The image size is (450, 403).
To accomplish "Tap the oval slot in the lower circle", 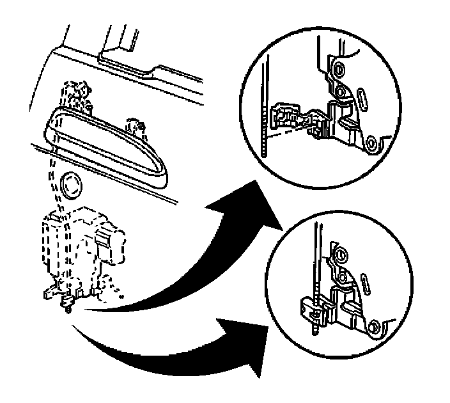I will pyautogui.click(x=364, y=282).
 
